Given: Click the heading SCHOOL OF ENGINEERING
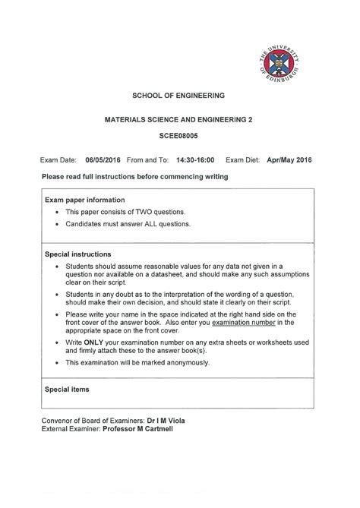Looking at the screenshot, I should pos(179,96).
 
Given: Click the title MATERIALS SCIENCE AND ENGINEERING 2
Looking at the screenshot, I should pos(179,120).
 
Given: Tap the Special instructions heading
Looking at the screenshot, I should pos(78,254).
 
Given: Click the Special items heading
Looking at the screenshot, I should pos(68,390).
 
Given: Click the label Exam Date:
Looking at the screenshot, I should pos(58,160).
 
